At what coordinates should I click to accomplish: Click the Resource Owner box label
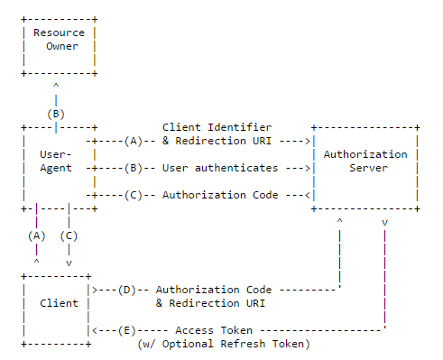[59, 40]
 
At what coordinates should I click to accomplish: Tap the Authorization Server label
[365, 161]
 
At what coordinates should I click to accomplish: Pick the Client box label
[59, 303]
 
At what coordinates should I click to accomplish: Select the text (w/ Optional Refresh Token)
[223, 344]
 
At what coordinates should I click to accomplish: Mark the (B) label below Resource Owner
[56, 114]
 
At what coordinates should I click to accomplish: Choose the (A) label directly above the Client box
[36, 235]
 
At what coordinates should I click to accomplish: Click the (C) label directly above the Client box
[69, 235]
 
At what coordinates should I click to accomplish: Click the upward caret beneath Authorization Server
[339, 220]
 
